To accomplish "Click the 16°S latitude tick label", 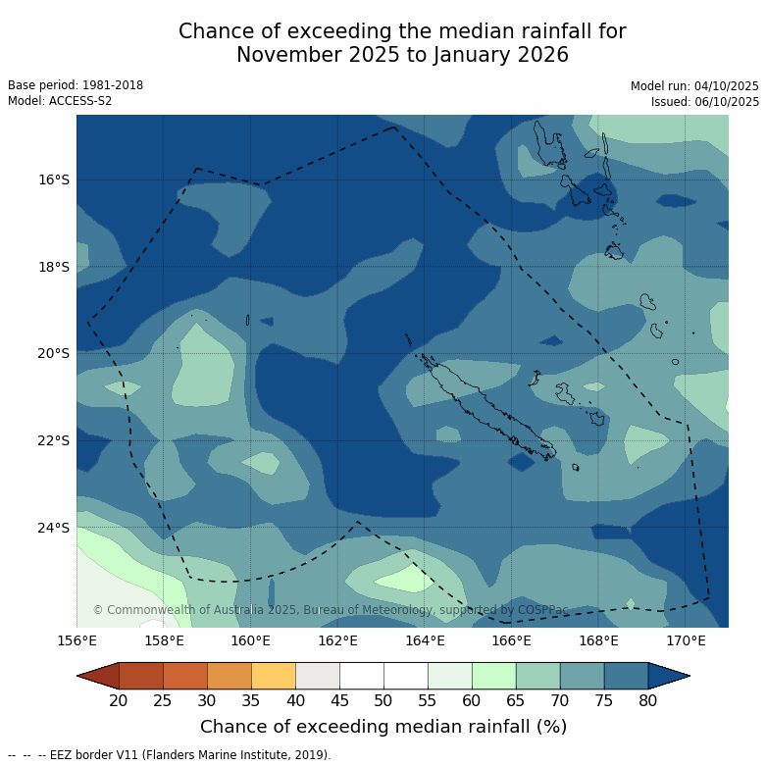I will pos(55,179).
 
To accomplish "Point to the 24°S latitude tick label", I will pos(55,528).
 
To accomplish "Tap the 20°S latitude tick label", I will pos(55,354).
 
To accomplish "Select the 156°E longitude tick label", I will pos(77,641).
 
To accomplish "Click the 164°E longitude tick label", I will pos(425,641).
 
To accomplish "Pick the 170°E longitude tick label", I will pos(686,641).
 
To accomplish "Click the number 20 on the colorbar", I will pos(119,700).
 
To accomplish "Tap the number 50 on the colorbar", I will pos(383,700).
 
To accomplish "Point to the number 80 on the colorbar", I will pos(647,700).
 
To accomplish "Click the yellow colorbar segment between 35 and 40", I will pos(274,676).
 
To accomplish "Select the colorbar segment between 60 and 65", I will pos(493,676).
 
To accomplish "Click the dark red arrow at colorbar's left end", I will pos(98,676).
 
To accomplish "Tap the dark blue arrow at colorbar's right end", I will pos(669,676).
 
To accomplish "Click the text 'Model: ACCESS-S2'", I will pos(60,101).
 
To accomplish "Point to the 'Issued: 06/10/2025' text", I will pos(705,101).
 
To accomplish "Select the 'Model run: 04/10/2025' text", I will pos(694,86).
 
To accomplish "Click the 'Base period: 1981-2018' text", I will pos(76,85).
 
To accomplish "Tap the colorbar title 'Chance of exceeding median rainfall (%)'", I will pos(383,727).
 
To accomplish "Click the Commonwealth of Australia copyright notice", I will pos(331,610).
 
